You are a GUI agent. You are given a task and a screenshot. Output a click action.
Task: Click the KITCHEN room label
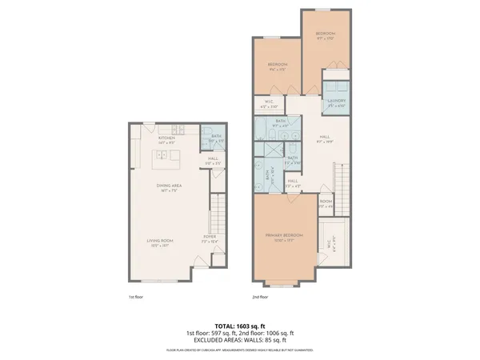coord(166,138)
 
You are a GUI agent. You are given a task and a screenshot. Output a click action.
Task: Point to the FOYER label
coord(209,238)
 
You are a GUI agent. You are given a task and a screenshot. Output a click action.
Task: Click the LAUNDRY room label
coord(336,101)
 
